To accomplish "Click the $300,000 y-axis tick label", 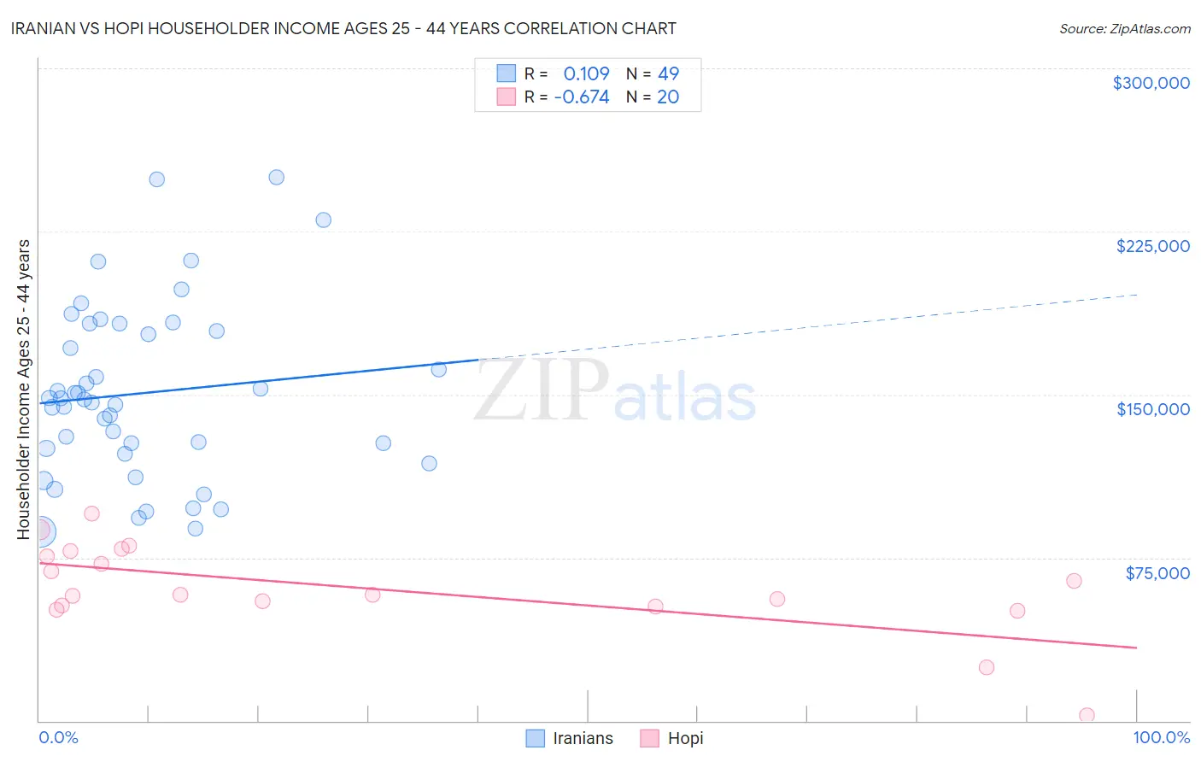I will [1151, 83].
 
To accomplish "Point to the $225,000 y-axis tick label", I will [1152, 246].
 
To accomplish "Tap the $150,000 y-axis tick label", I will [1152, 409].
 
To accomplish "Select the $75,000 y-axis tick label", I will [1157, 573].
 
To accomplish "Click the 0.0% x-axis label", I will [58, 737].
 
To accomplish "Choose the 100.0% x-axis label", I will [1161, 737].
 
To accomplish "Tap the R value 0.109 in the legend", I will [586, 73].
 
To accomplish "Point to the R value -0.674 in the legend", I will [582, 97].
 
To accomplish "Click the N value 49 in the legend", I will [668, 73].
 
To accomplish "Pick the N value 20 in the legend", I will [668, 97].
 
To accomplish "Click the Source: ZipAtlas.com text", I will [1124, 29].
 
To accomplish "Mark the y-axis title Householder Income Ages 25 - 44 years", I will [23, 390].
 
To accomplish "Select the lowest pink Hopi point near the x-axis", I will [1087, 715].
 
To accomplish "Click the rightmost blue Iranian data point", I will [439, 370].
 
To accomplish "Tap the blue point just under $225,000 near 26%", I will [323, 220].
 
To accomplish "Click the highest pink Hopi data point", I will [91, 513].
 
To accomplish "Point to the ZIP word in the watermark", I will [541, 391].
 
